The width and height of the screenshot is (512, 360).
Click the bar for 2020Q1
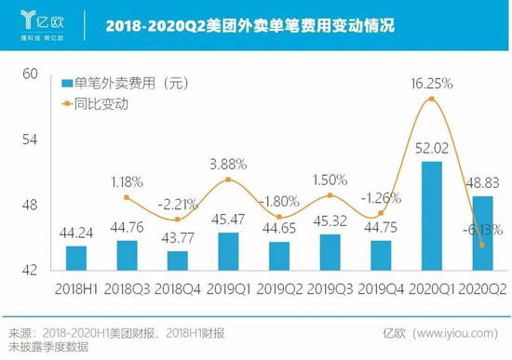pos(431,216)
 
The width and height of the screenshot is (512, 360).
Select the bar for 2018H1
pos(76,258)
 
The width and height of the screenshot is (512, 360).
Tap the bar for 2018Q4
pos(178,260)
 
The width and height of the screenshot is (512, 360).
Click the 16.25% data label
pos(431,84)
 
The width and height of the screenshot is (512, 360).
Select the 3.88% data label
pos(228,164)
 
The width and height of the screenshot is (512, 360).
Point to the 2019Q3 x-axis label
pos(330,287)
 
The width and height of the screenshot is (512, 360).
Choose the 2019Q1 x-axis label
pos(228,287)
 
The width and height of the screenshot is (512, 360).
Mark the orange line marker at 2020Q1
pos(431,99)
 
